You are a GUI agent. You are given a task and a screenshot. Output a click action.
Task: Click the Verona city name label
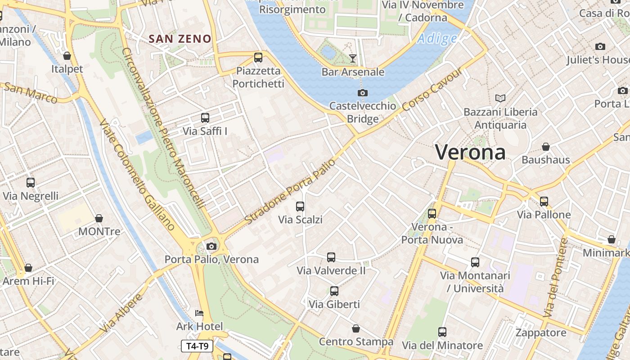(x=470, y=153)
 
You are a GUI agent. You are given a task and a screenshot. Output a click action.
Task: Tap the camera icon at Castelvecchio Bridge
(x=362, y=93)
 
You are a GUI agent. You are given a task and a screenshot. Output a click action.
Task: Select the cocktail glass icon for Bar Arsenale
(x=353, y=58)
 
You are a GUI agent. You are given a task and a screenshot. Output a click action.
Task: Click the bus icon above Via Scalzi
(x=300, y=207)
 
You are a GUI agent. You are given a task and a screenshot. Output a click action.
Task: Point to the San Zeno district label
(x=180, y=39)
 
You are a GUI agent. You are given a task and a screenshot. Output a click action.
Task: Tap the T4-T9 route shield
(x=197, y=346)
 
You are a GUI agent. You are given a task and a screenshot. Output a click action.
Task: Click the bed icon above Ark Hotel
(x=199, y=313)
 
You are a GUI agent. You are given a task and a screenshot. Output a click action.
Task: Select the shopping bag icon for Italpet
(x=67, y=56)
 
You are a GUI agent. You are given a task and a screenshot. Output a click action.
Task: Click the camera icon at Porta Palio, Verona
(x=211, y=246)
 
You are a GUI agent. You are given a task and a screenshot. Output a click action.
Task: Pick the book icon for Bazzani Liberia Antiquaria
(x=500, y=98)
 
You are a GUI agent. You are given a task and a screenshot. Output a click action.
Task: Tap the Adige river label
(x=437, y=39)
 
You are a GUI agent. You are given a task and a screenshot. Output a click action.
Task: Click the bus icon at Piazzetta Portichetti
(x=258, y=58)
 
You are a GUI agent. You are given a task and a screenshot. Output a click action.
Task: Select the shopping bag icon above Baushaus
(x=546, y=147)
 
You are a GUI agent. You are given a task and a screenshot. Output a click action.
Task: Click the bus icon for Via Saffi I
(x=205, y=118)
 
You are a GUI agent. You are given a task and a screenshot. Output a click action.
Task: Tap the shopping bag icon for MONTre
(x=99, y=218)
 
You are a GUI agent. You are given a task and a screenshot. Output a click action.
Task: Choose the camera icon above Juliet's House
(x=600, y=47)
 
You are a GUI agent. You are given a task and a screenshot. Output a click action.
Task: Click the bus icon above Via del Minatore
(x=442, y=332)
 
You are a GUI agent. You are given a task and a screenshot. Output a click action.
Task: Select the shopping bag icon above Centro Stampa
(x=356, y=328)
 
